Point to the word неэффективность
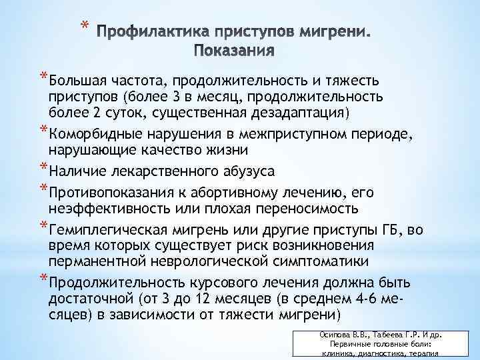(105, 208)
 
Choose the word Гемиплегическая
(105, 231)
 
